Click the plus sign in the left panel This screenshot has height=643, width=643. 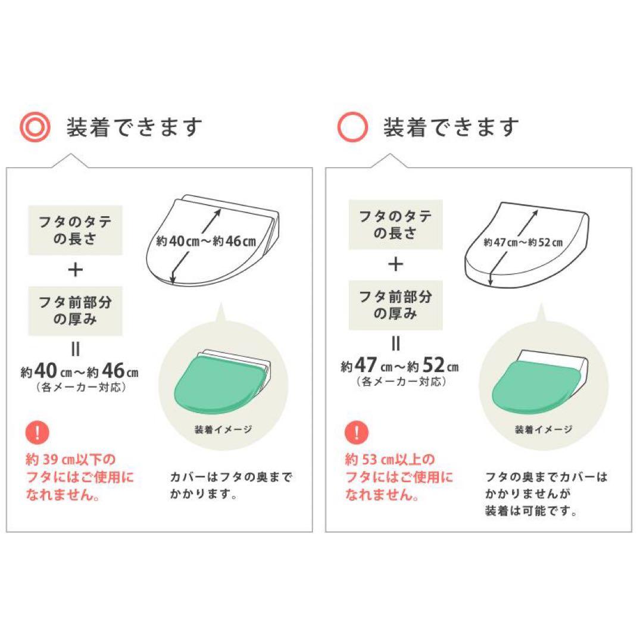(x=76, y=270)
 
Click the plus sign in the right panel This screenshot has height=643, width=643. (x=395, y=264)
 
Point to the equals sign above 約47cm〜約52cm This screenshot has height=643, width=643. (x=395, y=344)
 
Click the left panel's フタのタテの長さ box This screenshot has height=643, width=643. (x=76, y=230)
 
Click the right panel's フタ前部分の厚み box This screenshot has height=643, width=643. (x=395, y=304)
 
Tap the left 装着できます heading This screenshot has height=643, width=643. (x=135, y=127)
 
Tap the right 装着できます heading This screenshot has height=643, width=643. (x=451, y=127)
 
